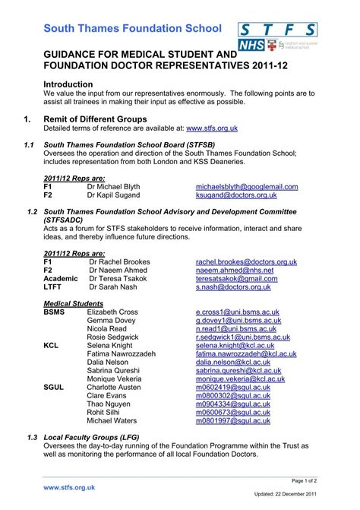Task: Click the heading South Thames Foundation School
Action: pyautogui.click(x=132, y=28)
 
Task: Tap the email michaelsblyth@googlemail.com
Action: pyautogui.click(x=251, y=186)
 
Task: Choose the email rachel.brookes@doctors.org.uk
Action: pyautogui.click(x=246, y=261)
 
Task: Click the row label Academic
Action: pyautogui.click(x=61, y=279)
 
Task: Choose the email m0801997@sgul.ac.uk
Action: pyautogui.click(x=232, y=420)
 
